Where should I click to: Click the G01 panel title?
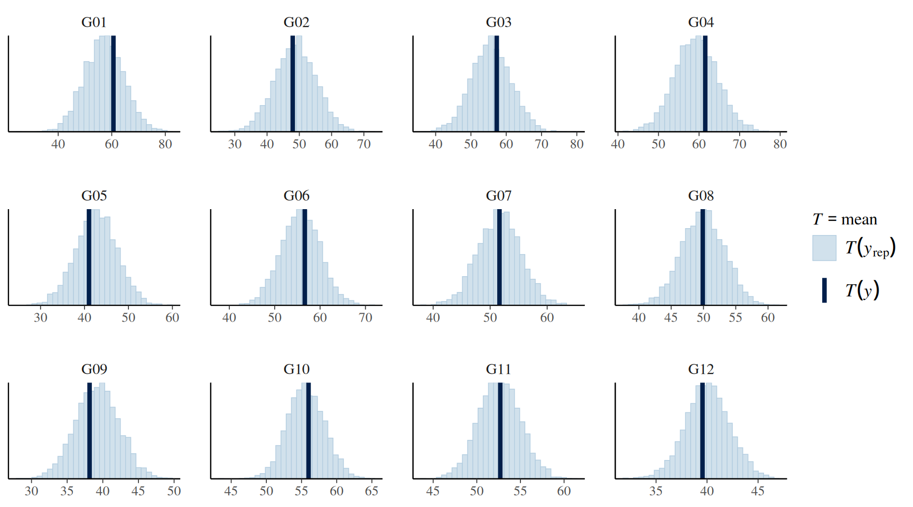(94, 22)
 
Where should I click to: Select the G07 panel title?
(499, 196)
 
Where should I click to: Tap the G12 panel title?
(701, 369)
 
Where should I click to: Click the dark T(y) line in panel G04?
(705, 83)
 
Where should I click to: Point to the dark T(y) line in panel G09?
(89, 430)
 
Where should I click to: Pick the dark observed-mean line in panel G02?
(293, 83)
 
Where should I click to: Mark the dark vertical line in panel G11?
(500, 430)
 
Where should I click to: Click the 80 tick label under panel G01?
(165, 144)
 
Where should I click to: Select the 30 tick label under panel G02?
(235, 144)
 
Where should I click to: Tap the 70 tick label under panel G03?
(542, 144)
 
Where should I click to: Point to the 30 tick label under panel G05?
(40, 317)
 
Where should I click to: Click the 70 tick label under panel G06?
(366, 317)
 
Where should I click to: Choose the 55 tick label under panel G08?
(735, 317)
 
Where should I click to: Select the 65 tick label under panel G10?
(371, 491)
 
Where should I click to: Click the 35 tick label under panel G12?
(656, 491)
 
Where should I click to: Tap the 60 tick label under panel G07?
(547, 317)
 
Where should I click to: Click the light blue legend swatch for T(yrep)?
(824, 248)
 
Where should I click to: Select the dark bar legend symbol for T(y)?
(824, 290)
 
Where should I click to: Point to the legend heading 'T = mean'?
(845, 219)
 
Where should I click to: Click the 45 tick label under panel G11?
(433, 491)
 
